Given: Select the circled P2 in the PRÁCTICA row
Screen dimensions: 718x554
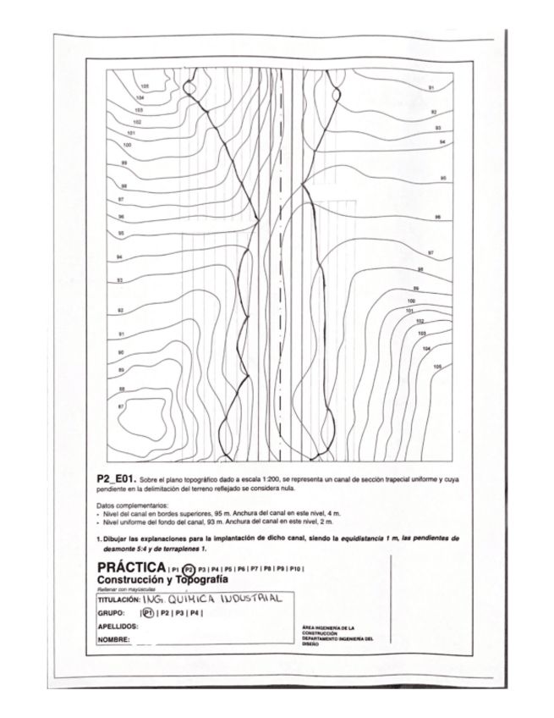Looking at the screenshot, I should pos(189,568).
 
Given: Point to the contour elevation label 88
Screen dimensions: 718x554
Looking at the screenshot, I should pos(122,389).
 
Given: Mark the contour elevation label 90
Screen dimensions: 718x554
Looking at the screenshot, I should pos(121,351).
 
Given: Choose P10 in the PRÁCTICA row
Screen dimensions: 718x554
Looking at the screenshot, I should pos(296,568).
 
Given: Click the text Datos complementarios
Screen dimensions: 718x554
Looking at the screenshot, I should pos(134,506).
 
